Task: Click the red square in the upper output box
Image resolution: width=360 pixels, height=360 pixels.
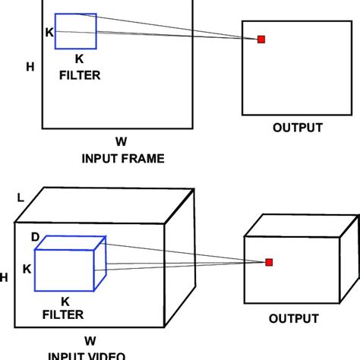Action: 261,39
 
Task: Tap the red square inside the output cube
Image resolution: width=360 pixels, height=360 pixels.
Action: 269,263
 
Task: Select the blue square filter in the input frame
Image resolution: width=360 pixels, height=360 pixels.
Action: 76,31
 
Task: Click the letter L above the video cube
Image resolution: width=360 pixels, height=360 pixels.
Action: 21,198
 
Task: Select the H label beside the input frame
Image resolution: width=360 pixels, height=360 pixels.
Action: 30,67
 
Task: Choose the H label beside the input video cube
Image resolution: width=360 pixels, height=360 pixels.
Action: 4,279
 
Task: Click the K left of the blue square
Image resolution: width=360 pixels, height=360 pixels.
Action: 50,33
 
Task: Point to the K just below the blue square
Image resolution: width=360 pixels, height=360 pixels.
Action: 80,58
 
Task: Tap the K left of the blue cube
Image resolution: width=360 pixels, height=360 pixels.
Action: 27,269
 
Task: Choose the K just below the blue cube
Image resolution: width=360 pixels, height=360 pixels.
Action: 66,300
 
